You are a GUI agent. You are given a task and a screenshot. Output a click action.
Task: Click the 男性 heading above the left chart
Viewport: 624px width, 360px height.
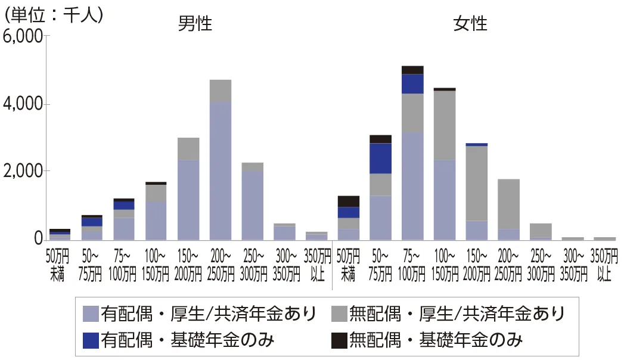(x=195, y=24)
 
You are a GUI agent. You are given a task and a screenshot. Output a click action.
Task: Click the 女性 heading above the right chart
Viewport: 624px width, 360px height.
(x=470, y=24)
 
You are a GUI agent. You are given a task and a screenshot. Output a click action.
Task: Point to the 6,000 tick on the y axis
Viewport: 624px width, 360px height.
(x=23, y=37)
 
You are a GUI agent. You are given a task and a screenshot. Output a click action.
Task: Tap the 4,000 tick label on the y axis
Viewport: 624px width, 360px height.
(x=23, y=104)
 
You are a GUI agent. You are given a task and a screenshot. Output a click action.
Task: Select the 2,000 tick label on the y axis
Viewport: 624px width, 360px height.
(x=23, y=172)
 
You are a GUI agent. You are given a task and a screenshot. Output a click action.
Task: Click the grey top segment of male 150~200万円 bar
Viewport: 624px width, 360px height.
(x=188, y=149)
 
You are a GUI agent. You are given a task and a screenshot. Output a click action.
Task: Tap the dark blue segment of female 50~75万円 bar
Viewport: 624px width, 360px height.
(x=380, y=159)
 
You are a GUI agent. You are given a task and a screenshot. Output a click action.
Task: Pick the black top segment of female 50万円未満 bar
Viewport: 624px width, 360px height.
(x=349, y=201)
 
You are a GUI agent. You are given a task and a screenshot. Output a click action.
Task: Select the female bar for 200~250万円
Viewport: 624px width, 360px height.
(x=509, y=209)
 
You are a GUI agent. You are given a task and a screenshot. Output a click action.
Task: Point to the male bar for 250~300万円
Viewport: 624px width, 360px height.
(x=253, y=203)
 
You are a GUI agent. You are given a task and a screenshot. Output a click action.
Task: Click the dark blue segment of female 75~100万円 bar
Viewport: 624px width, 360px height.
(x=412, y=84)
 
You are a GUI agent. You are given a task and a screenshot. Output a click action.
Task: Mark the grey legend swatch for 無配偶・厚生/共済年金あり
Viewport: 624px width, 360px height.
(x=339, y=313)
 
